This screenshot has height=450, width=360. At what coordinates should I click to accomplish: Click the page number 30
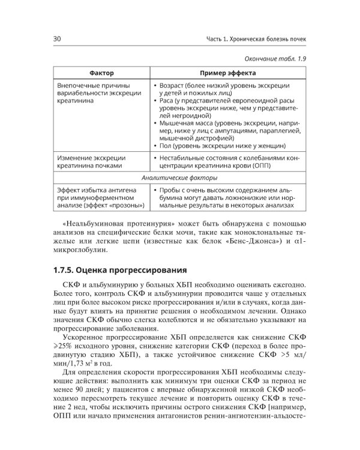coord(58,40)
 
